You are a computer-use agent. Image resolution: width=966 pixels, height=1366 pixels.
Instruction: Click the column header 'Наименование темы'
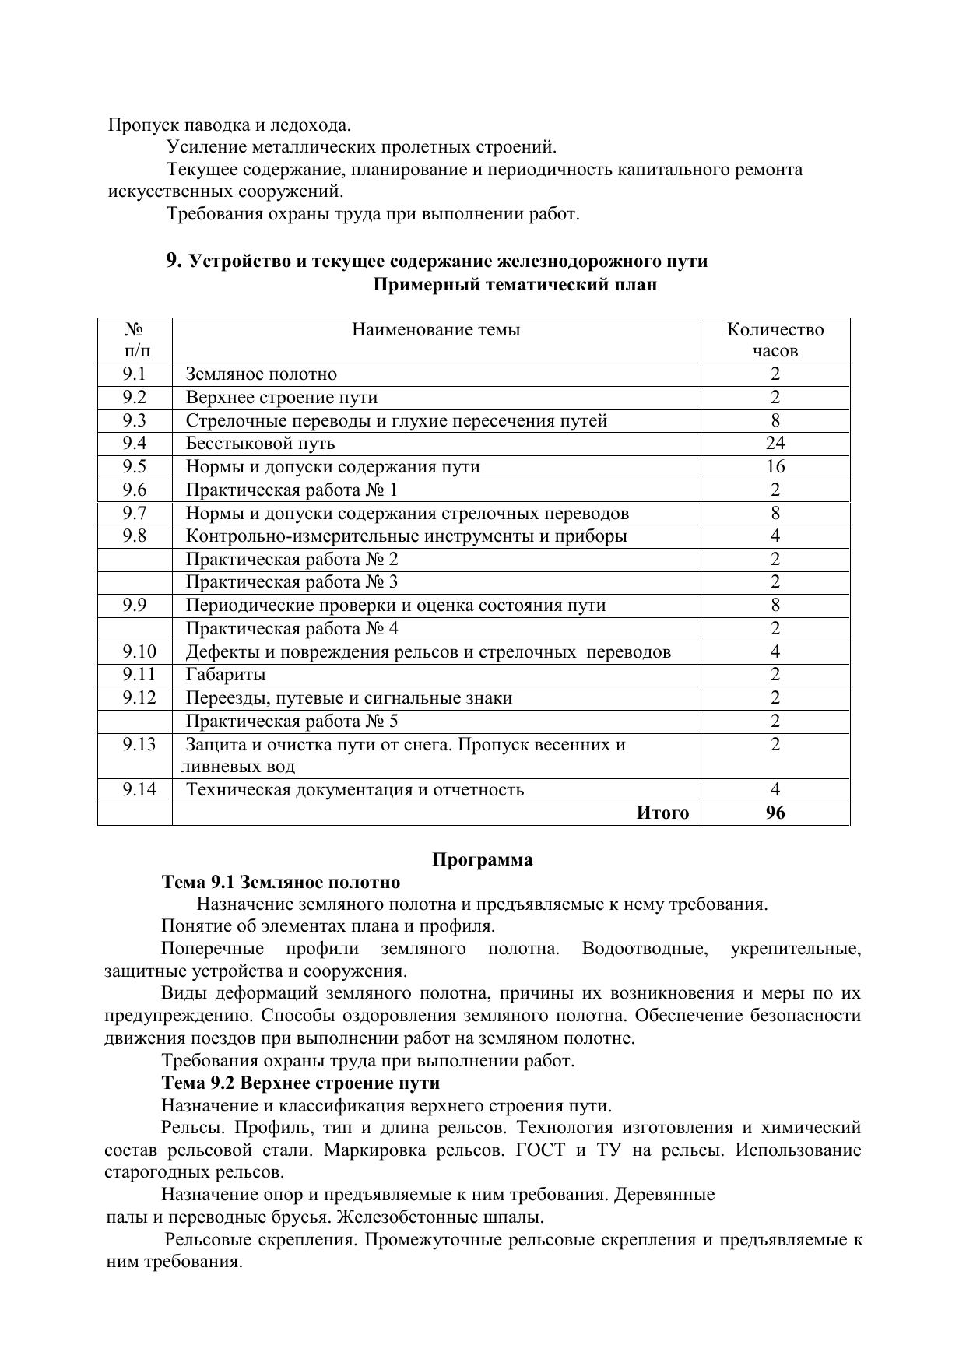[436, 330]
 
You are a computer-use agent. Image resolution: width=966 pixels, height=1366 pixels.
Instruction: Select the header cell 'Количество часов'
[775, 340]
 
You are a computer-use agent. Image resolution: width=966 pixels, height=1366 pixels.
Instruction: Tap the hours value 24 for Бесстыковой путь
[775, 444]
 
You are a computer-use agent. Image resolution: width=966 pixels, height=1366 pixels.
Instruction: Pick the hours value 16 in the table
[775, 467]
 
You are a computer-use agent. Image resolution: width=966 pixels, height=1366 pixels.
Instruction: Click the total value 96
[775, 813]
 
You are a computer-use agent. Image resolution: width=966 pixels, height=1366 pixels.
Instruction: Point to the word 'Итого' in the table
[662, 813]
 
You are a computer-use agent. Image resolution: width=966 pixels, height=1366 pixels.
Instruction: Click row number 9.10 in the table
[139, 651]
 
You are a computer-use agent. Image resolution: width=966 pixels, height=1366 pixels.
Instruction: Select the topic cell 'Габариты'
[226, 675]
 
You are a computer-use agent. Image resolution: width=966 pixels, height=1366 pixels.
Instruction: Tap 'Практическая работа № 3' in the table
[292, 582]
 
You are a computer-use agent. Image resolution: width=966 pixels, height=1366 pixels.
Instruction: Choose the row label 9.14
[139, 790]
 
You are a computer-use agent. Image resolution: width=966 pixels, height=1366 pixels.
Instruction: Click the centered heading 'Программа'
[483, 860]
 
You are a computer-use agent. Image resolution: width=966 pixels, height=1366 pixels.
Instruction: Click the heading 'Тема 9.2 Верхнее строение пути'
[300, 1083]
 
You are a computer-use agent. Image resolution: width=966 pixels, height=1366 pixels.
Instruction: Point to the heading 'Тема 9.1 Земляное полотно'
[281, 883]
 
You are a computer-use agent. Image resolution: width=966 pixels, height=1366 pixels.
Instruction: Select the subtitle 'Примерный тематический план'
[515, 285]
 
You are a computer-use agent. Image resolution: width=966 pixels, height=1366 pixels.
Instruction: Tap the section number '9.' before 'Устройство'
[174, 261]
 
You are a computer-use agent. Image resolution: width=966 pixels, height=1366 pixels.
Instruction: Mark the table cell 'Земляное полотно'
[262, 374]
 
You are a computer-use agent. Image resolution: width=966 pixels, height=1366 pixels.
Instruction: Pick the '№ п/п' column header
[135, 340]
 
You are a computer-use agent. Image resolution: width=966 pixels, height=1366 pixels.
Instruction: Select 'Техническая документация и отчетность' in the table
[355, 790]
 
